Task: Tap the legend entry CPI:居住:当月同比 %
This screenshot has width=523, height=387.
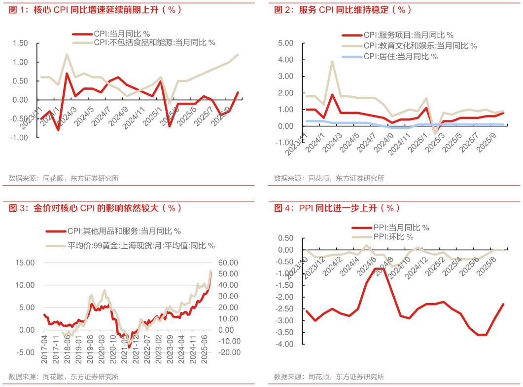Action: (x=400, y=56)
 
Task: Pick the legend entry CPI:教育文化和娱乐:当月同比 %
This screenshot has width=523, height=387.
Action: (x=420, y=45)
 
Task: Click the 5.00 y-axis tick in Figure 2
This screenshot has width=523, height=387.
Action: (x=286, y=43)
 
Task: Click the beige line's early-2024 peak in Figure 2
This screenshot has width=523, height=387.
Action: (x=332, y=62)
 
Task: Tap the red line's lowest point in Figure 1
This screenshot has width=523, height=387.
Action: (x=58, y=130)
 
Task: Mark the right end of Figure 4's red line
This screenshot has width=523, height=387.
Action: (x=503, y=304)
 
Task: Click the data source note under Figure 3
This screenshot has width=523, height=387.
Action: (x=64, y=377)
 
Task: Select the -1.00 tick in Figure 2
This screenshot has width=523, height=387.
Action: (x=286, y=143)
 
